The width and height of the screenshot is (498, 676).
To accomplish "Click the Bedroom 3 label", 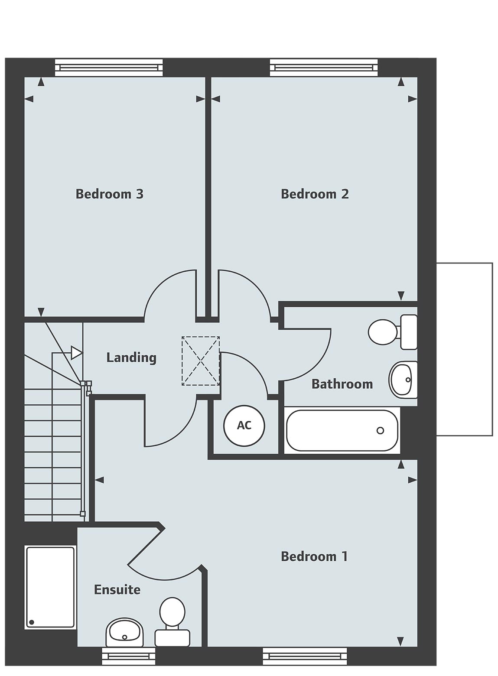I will (109, 194).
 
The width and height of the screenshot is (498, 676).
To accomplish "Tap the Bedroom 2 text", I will (315, 194).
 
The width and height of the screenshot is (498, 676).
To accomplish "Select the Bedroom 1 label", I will (314, 556).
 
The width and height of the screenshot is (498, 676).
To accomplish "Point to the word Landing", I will (131, 357).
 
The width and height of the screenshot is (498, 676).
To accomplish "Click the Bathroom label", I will (342, 384).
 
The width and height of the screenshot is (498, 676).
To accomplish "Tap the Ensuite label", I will (117, 590).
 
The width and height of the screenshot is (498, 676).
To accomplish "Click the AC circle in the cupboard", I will (244, 425).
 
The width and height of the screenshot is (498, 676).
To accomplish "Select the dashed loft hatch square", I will (201, 361).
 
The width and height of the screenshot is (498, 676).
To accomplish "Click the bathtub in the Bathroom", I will (342, 431).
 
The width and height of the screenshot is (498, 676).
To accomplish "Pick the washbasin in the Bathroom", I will (403, 380).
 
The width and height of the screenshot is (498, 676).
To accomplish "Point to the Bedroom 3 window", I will (109, 68).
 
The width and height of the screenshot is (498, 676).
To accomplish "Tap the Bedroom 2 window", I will (324, 68).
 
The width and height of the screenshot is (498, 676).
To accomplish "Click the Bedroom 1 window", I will (305, 656).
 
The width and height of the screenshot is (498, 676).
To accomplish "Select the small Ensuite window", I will (128, 656).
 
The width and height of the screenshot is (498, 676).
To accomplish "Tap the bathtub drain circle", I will (380, 430).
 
